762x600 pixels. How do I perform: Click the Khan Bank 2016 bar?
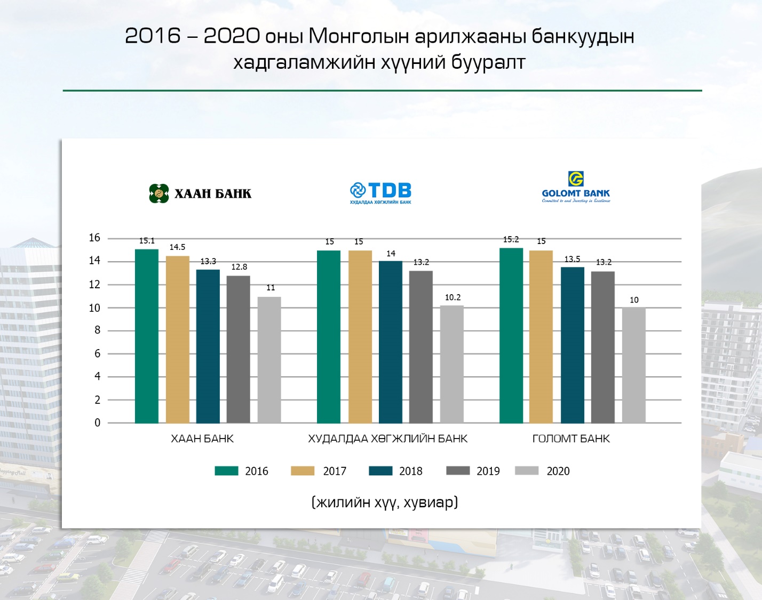146,336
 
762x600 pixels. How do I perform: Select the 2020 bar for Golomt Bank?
633,365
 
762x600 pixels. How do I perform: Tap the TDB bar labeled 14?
391,342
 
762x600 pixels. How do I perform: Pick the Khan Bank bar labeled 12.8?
238,349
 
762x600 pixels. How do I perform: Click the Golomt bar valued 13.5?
572,345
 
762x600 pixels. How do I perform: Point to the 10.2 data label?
453,297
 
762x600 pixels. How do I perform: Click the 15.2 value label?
511,239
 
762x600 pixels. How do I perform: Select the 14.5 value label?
177,247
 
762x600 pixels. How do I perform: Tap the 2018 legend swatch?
380,471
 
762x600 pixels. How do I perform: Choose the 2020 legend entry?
558,471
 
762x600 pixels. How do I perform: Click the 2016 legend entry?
256,471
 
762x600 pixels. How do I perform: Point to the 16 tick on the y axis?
94,238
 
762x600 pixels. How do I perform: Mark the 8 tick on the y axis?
97,330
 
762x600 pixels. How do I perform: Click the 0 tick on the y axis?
97,423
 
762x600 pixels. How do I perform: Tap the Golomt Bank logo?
576,187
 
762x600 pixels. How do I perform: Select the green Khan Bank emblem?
158,193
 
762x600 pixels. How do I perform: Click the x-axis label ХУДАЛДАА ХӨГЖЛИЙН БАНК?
387,439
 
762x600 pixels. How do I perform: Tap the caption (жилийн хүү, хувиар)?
384,502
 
